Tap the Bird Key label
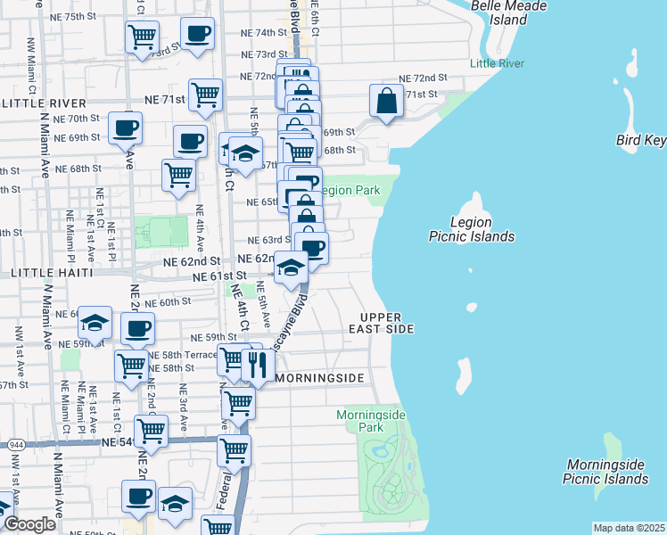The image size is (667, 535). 641,140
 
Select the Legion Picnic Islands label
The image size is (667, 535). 471,229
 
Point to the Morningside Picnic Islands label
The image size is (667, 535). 605,472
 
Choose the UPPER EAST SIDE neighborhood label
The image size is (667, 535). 388,324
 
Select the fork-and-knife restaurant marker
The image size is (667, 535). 257,365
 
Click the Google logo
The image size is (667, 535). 29,524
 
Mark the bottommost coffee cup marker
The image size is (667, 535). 138,497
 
